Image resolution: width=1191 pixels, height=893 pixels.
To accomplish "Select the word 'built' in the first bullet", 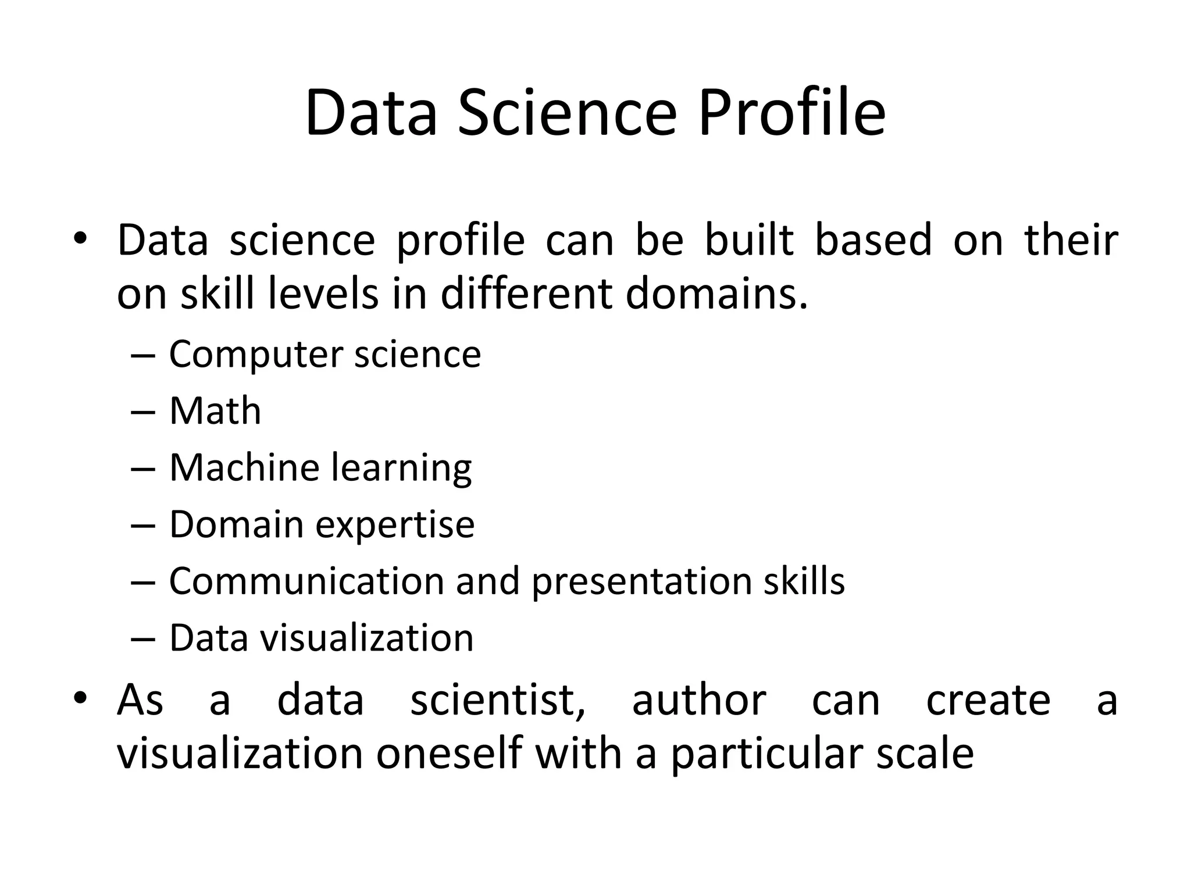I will pos(749,240).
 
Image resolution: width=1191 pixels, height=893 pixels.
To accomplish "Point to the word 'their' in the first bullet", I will pos(1071,240).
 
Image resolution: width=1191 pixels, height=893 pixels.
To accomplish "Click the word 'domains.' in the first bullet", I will pos(716,294).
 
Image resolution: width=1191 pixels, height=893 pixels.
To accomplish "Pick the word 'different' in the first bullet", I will pos(525,294).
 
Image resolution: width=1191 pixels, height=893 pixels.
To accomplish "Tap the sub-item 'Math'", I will pos(215,411).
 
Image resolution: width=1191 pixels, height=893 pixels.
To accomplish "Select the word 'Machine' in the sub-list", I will pos(244,467).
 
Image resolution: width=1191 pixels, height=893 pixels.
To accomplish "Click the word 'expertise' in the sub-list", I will pos(395,525).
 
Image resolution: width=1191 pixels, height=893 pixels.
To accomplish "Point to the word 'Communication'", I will pos(306,581).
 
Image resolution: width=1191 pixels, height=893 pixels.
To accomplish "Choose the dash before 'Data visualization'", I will pos(143,638).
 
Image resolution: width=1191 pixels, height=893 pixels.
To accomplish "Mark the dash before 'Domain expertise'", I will pos(143,525).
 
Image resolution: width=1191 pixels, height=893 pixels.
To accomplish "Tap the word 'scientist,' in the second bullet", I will pos(498,700).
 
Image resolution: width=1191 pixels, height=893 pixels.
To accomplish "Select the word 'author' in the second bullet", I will pos(698,700).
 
